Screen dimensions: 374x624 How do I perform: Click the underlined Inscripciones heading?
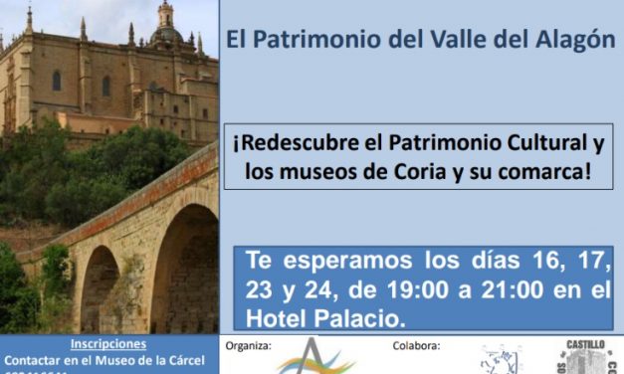[108, 344]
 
